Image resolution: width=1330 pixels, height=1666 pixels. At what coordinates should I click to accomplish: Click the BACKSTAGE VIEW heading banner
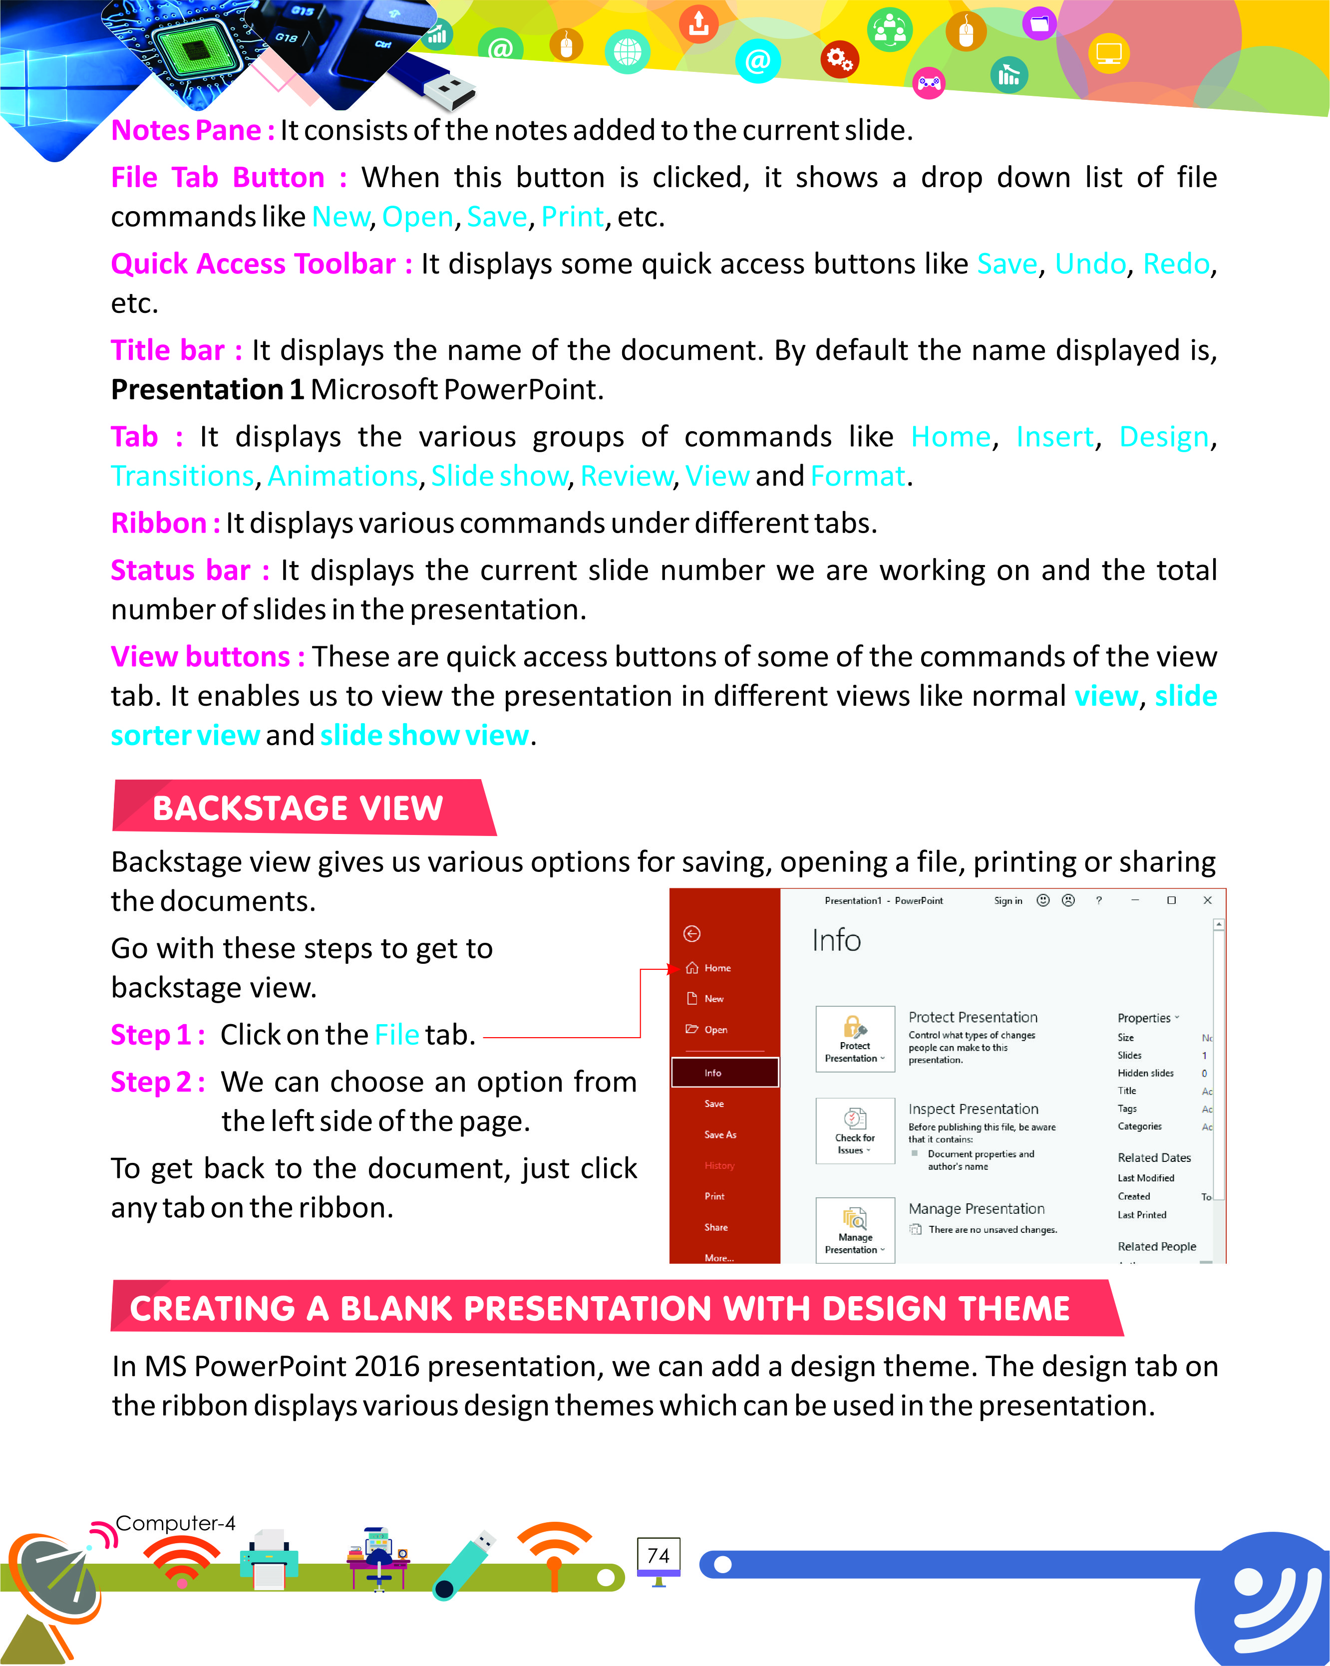(x=302, y=808)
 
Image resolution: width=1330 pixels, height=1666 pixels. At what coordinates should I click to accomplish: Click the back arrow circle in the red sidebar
(x=691, y=933)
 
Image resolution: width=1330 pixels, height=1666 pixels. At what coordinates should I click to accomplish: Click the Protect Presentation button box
(x=855, y=1039)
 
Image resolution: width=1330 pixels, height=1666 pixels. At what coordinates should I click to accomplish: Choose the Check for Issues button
(x=855, y=1130)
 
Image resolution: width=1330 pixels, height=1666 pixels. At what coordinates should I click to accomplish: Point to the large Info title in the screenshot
(x=836, y=940)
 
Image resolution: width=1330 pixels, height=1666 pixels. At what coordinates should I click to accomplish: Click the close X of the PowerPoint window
(x=1207, y=900)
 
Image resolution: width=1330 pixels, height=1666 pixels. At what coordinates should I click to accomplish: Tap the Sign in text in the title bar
(x=1008, y=900)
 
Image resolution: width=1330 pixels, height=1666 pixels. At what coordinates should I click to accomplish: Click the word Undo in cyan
(x=1090, y=264)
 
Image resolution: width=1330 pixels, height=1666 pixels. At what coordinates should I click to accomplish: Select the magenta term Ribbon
(x=158, y=523)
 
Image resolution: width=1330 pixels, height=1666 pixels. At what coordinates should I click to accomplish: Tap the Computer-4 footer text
(x=175, y=1523)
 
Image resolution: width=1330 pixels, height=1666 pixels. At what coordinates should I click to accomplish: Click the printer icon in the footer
(x=269, y=1559)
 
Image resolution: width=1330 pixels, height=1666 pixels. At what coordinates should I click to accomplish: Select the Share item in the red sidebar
(x=715, y=1227)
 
